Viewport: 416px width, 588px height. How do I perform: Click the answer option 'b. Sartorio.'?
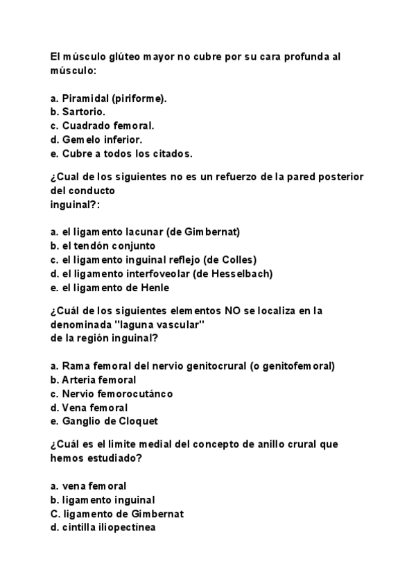point(78,111)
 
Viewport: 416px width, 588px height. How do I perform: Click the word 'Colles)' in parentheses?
point(239,259)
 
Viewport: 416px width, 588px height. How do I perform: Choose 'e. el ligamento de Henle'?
point(110,287)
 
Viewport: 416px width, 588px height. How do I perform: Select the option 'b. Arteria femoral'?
point(93,379)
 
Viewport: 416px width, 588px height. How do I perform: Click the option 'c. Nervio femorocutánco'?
point(112,393)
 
